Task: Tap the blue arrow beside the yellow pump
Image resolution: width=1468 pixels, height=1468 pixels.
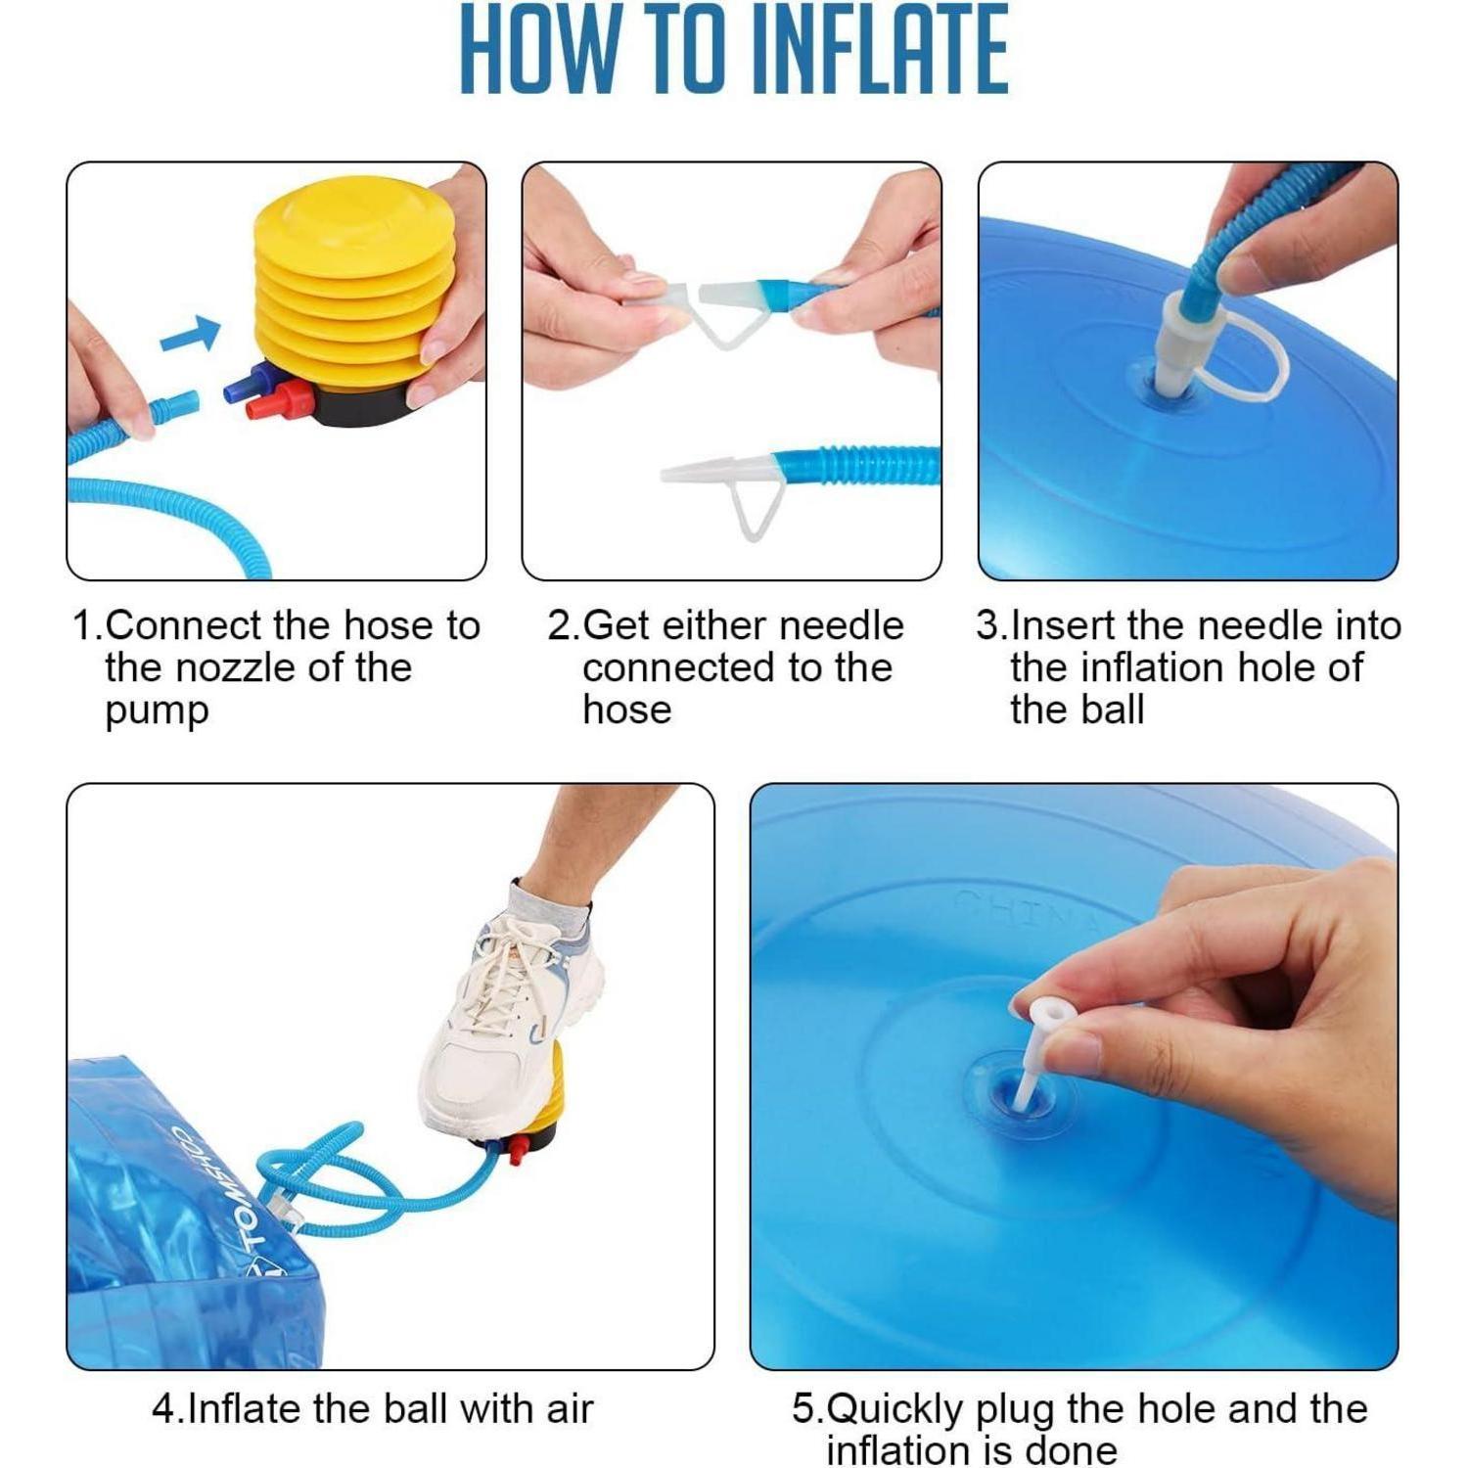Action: (x=190, y=334)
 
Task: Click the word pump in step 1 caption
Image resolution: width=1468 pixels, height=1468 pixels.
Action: (x=157, y=711)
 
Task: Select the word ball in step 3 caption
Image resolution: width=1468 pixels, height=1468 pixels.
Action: (x=1111, y=710)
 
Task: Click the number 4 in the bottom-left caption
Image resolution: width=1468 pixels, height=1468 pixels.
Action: (x=163, y=1409)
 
